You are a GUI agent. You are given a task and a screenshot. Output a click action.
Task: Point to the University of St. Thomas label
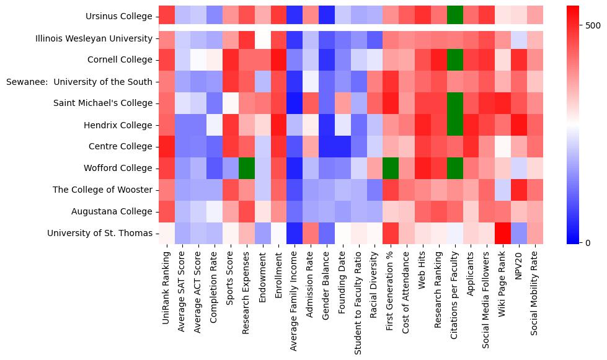(100, 234)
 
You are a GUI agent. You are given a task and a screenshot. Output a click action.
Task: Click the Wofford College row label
(117, 169)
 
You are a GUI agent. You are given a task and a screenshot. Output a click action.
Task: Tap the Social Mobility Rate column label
(536, 291)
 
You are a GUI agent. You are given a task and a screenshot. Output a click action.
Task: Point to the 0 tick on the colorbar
(587, 242)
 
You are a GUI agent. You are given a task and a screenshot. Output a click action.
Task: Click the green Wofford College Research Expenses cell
(247, 169)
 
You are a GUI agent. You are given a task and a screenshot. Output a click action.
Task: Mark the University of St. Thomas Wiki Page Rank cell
(503, 234)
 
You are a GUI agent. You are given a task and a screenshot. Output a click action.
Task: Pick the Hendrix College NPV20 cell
(520, 125)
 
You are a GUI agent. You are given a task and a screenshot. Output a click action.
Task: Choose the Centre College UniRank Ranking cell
(167, 147)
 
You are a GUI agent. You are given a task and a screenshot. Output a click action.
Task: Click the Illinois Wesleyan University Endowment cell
(263, 38)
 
